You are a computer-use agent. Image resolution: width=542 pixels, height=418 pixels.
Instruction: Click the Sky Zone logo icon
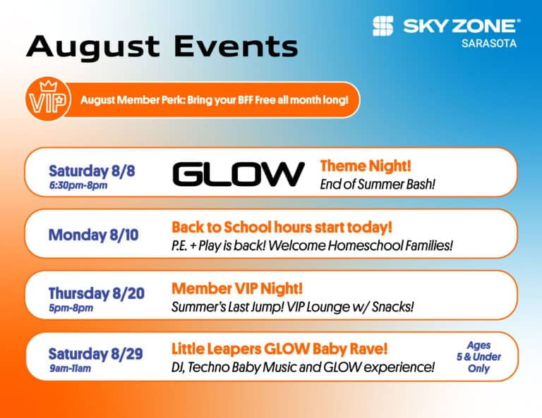383,26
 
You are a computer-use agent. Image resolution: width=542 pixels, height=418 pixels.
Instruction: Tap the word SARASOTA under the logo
489,44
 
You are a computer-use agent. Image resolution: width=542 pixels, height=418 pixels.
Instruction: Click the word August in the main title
93,47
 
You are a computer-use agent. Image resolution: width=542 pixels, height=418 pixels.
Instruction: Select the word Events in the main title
236,46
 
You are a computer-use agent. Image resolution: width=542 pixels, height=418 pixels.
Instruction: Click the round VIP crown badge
48,99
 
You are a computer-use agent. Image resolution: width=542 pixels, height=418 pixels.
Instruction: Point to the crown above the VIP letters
49,85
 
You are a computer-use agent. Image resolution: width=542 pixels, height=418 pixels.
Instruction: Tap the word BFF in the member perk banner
246,100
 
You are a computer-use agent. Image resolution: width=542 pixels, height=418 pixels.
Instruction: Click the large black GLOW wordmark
239,174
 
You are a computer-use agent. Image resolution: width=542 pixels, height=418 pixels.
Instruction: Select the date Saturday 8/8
92,171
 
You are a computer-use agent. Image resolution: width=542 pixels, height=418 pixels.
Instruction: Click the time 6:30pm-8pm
78,185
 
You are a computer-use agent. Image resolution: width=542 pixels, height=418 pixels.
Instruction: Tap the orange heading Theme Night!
366,166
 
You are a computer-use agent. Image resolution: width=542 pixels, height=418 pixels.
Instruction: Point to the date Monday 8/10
93,235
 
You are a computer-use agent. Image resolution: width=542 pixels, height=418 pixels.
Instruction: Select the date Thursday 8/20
97,293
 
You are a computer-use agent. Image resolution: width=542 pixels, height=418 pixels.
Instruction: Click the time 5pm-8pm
71,308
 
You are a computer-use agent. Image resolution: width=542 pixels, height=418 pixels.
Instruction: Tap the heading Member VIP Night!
237,288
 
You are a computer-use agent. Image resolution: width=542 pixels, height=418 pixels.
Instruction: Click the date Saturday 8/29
95,354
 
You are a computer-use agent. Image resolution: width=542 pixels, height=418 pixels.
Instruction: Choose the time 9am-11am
70,368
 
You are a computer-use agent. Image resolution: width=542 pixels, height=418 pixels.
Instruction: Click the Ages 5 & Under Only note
478,357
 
